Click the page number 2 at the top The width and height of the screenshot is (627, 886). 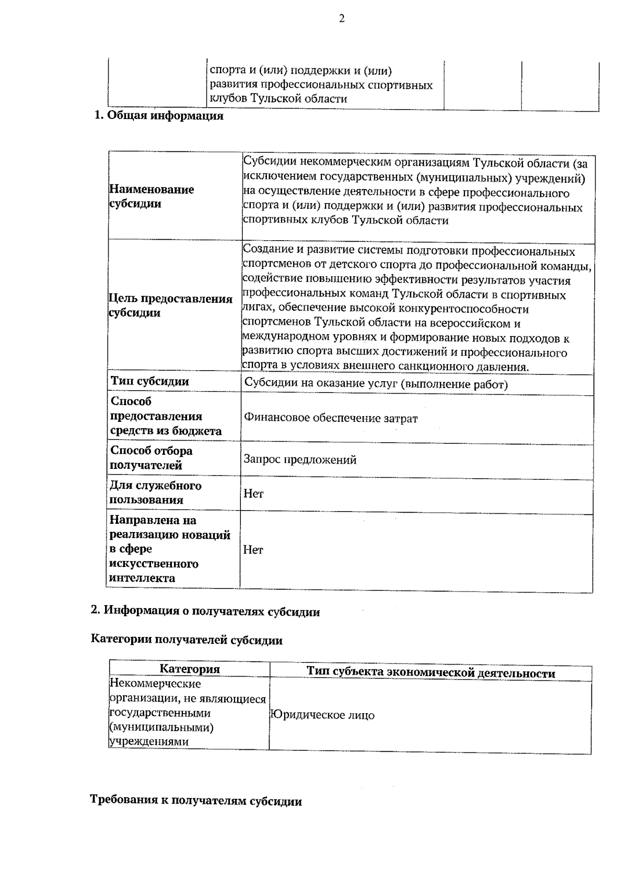tap(342, 19)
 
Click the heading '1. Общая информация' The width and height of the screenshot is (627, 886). tap(158, 116)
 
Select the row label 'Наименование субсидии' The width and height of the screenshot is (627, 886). tap(152, 196)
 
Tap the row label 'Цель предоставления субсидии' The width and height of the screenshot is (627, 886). tap(170, 305)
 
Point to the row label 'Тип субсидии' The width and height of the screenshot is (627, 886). tap(150, 382)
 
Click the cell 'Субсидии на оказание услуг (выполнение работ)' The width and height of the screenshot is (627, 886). tap(376, 385)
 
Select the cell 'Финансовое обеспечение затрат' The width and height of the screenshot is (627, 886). tap(331, 418)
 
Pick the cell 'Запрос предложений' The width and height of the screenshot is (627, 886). tap(300, 460)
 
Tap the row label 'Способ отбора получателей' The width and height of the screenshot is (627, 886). tap(152, 458)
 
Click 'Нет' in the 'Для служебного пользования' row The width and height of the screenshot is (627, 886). tap(253, 493)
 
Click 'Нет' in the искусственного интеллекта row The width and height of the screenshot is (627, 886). tap(253, 550)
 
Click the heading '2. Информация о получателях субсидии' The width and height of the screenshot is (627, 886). tap(205, 611)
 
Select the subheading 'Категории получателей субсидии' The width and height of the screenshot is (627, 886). tap(187, 640)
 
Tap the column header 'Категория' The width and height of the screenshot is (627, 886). tap(190, 669)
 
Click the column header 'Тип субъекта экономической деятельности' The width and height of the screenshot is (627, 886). tap(431, 673)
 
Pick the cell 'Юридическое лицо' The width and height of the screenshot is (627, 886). tap(322, 715)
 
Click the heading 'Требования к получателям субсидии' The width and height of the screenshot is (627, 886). tap(196, 801)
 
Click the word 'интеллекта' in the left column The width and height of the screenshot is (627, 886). tap(142, 578)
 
